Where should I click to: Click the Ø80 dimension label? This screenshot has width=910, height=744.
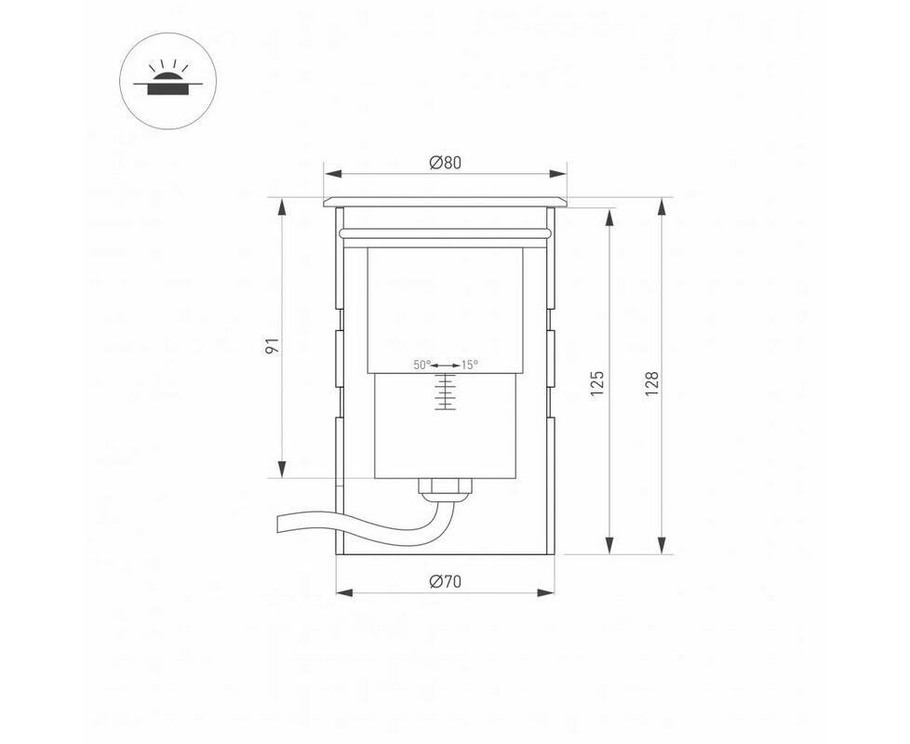[x=445, y=163]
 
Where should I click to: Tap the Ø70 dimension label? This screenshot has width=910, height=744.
[x=445, y=581]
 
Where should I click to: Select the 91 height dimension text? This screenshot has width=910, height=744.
[x=273, y=346]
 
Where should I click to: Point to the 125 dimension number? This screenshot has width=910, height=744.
[x=597, y=383]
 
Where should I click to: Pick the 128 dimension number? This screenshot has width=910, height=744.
[x=651, y=383]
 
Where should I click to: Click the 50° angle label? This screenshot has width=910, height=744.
[x=422, y=365]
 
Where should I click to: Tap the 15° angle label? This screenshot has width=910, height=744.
[x=470, y=365]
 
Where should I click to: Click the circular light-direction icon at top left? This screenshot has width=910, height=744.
[x=167, y=81]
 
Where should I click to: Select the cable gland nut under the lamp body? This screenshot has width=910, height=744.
[x=445, y=486]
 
